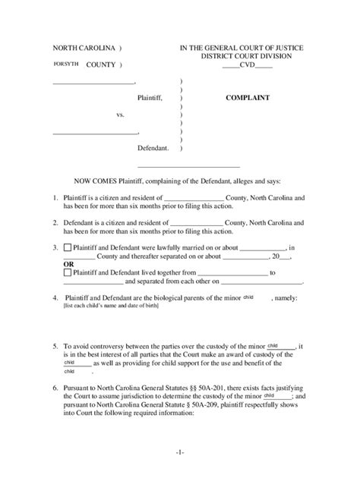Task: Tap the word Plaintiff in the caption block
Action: click(x=150, y=98)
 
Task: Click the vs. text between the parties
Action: click(x=120, y=115)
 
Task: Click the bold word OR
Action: click(x=68, y=263)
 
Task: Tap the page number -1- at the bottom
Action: click(x=179, y=452)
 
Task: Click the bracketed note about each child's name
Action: click(x=109, y=307)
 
